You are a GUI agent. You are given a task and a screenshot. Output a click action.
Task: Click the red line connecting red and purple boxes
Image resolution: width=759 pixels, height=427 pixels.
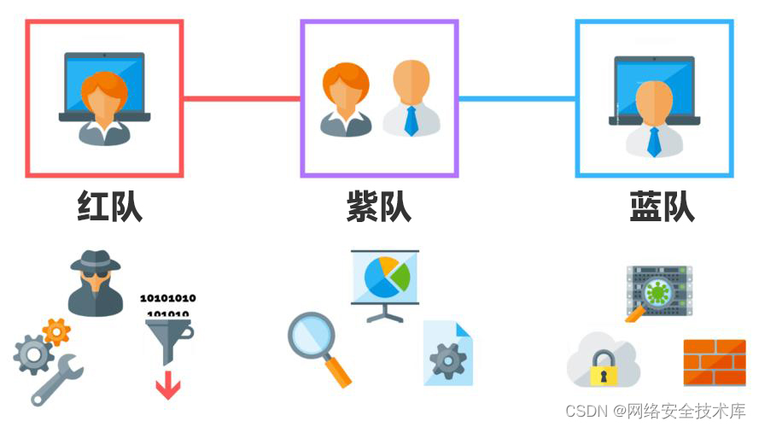(x=242, y=98)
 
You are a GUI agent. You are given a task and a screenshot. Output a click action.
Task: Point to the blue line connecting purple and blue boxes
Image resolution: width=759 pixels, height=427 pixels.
(x=517, y=98)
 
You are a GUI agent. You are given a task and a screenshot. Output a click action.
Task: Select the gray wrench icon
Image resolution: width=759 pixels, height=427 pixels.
(x=58, y=381)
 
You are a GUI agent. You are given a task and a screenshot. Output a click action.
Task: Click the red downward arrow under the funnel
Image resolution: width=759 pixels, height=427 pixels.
(x=167, y=388)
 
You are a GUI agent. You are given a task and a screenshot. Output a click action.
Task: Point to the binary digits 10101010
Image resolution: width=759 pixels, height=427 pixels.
(x=167, y=299)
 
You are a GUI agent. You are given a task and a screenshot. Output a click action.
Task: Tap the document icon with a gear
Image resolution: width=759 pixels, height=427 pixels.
(x=447, y=355)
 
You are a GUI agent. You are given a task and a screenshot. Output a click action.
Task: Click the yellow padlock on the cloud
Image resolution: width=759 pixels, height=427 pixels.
(x=604, y=368)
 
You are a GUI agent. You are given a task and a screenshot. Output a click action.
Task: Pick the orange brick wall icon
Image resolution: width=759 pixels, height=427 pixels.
(x=714, y=362)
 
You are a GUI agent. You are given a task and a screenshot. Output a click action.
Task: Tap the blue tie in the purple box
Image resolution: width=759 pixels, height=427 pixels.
(x=411, y=120)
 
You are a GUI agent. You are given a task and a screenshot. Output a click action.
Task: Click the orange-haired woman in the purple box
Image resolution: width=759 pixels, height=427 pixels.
(x=346, y=98)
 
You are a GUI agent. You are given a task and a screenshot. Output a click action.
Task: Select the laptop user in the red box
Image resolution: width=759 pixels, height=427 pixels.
(x=104, y=98)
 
